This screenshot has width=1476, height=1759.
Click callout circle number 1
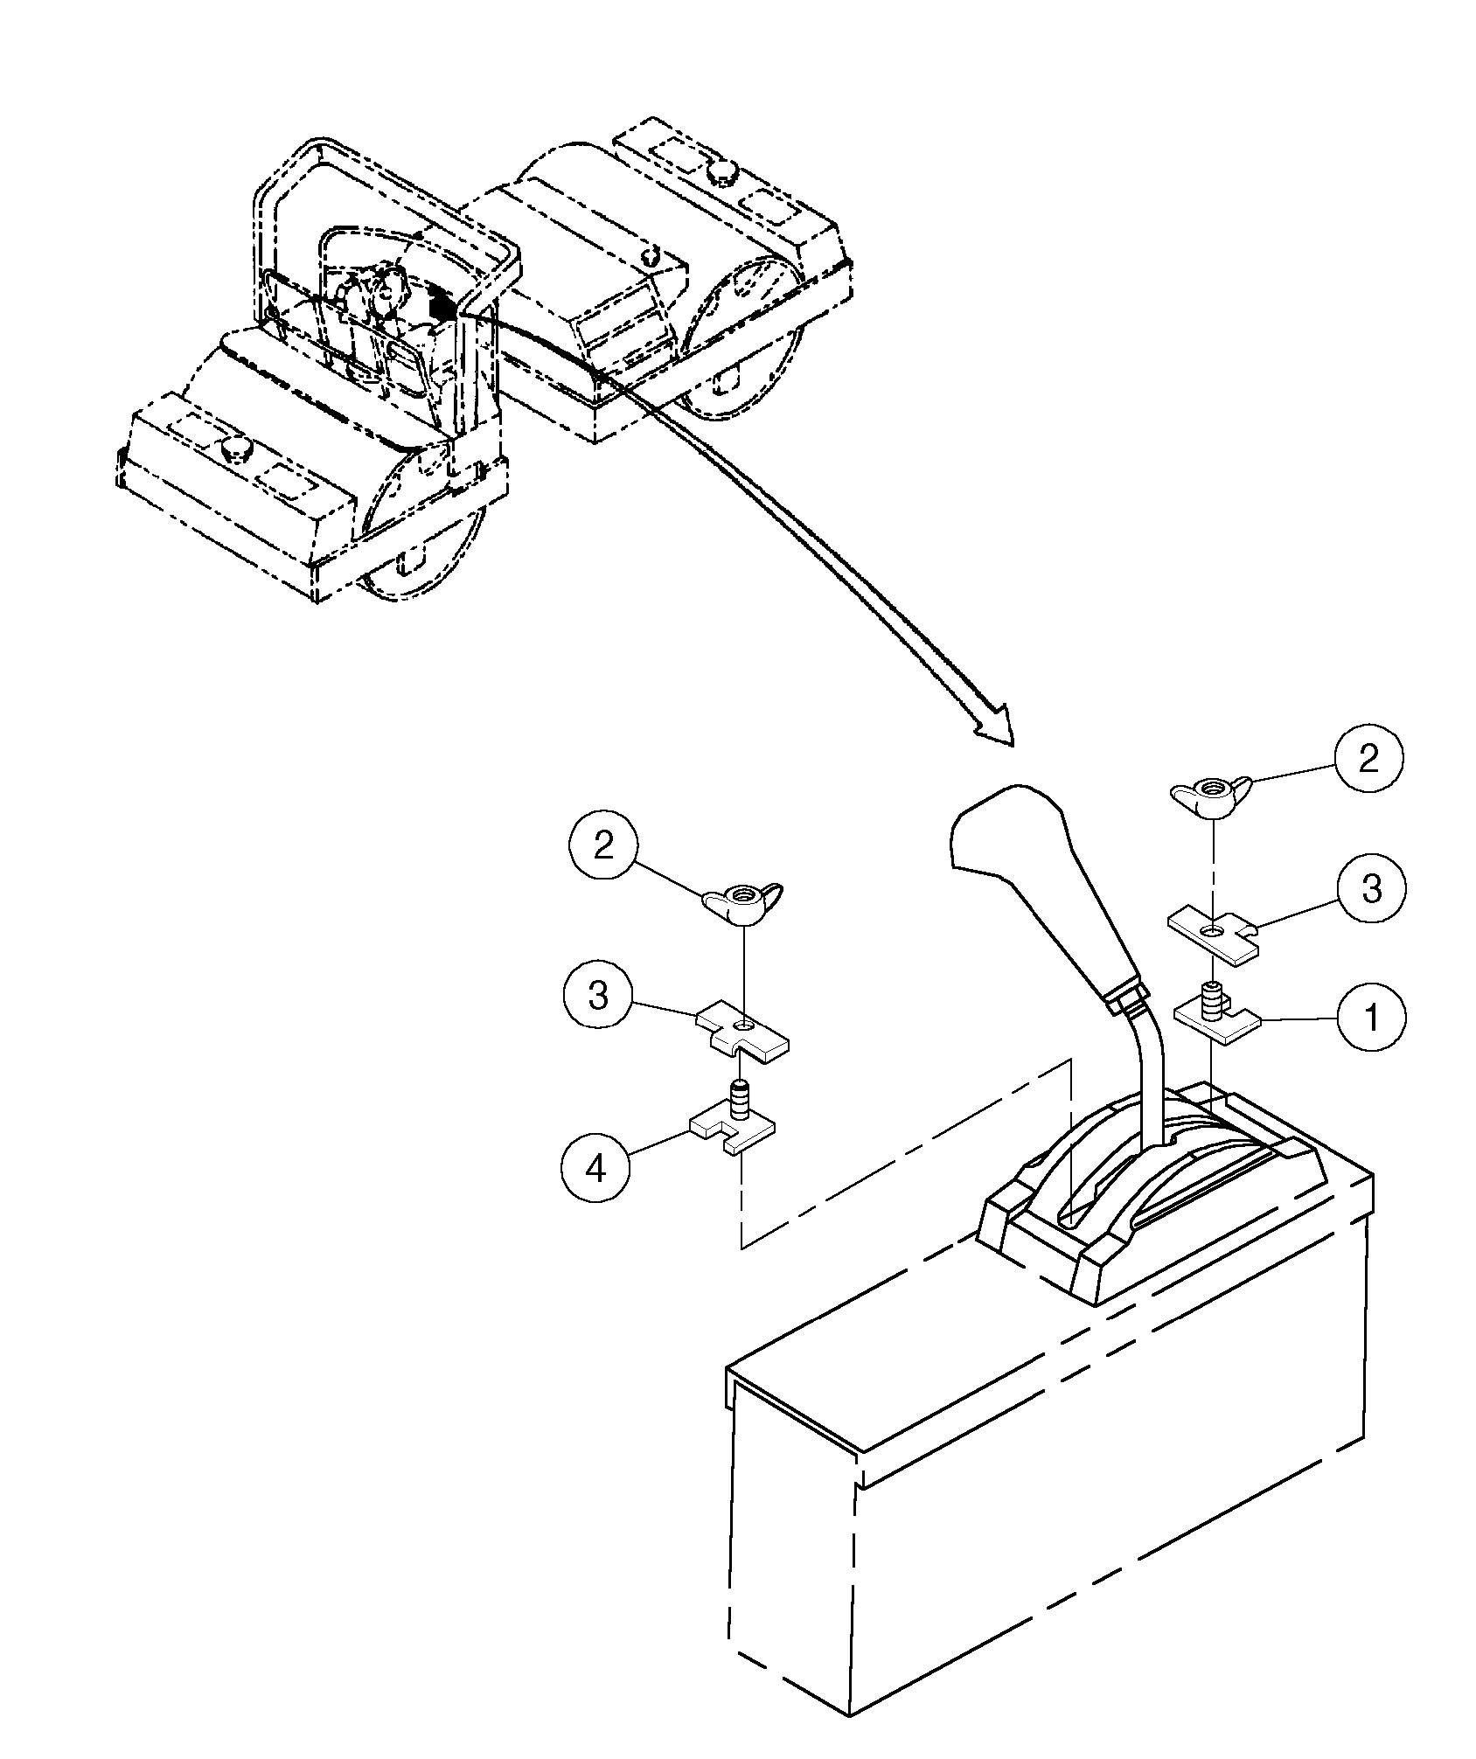tap(1371, 1018)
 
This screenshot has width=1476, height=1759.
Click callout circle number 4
tap(595, 1167)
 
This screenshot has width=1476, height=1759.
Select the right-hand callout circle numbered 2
tap(1368, 757)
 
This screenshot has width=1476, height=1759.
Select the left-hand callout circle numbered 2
tap(603, 846)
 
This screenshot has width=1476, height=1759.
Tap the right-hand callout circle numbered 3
tap(1371, 889)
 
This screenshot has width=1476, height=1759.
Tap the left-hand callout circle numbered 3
tap(598, 996)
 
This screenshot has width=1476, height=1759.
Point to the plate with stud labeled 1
tap(1216, 1018)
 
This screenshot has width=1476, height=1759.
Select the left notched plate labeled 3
tap(743, 1034)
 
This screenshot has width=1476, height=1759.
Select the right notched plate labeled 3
tap(1215, 937)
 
